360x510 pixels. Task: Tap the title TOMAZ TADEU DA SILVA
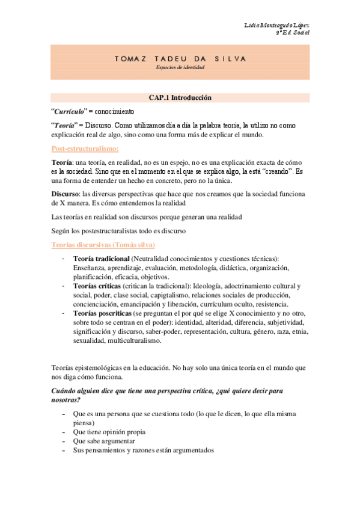(x=180, y=59)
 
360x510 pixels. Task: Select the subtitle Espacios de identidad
(x=180, y=67)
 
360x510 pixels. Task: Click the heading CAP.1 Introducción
(x=180, y=97)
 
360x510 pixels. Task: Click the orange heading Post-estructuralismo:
(x=85, y=148)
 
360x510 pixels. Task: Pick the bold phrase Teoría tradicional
(x=100, y=259)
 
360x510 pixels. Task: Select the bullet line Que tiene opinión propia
(x=112, y=432)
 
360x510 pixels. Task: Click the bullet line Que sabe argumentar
(x=104, y=441)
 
